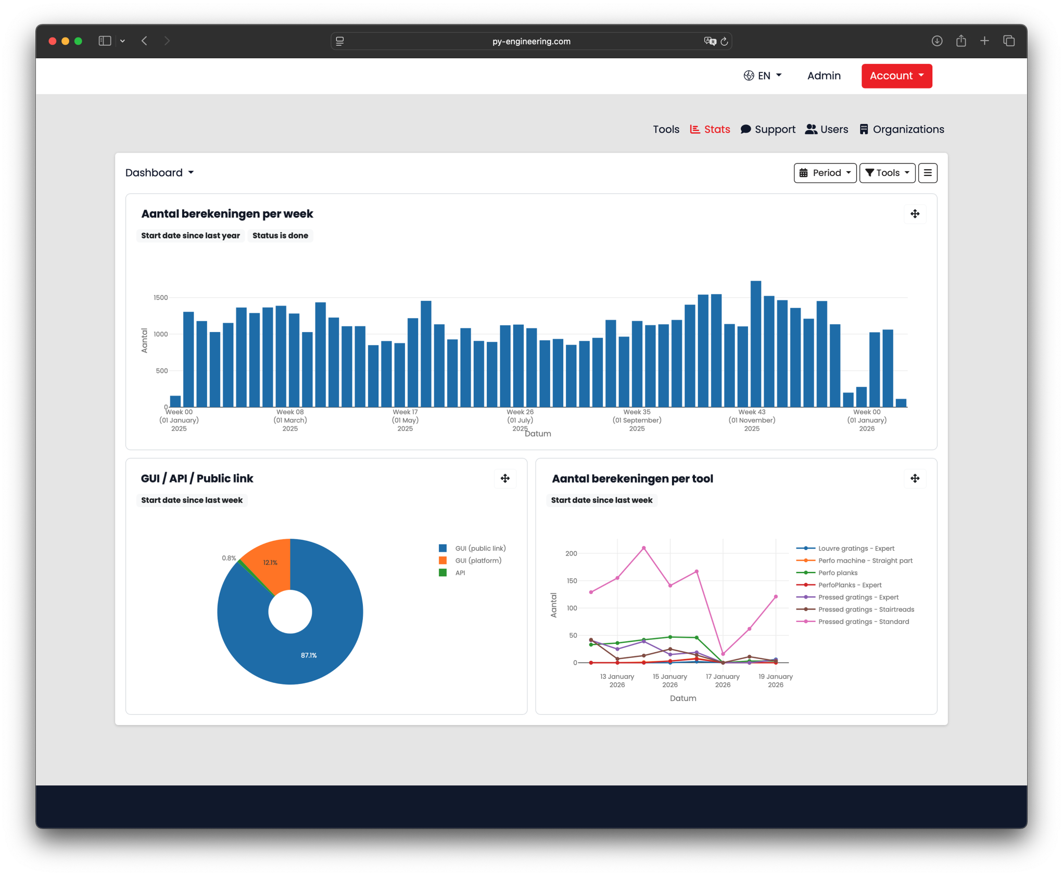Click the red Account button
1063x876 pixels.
[x=896, y=76]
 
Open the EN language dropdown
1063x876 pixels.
[x=762, y=76]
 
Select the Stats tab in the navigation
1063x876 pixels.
[x=710, y=130]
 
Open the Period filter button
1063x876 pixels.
[x=825, y=173]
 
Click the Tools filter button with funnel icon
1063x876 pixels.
[x=887, y=173]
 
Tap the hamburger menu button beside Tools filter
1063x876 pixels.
[x=927, y=173]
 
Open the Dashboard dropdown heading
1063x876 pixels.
[x=159, y=173]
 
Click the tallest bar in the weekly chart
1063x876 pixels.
[x=755, y=344]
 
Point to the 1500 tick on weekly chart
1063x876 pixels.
[x=160, y=298]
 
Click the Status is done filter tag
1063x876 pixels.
[x=280, y=236]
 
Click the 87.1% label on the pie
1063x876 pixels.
[x=309, y=655]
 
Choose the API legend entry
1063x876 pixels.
[x=460, y=573]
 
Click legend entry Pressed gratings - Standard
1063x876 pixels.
[x=863, y=622]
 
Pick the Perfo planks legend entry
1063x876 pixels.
[x=837, y=573]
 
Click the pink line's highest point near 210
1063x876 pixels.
[x=644, y=548]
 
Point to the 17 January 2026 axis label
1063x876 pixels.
[x=723, y=680]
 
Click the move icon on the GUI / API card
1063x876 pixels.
[x=505, y=478]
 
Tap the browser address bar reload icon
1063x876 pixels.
[x=724, y=41]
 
